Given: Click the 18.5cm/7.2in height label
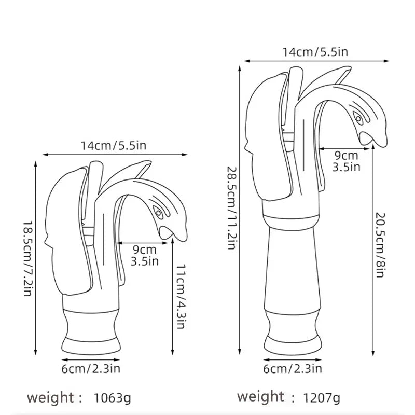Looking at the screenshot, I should tap(27, 257).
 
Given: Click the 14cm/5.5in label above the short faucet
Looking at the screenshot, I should tap(113, 145).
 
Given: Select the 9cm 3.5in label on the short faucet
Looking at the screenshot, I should tap(145, 255).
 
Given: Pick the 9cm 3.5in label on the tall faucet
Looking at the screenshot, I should tap(346, 161).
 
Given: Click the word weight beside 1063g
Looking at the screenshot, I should tap(51, 398).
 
